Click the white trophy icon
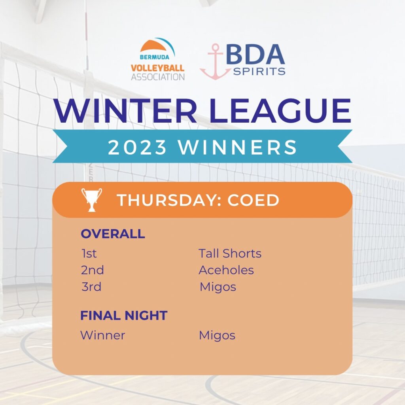[91, 200]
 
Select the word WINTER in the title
[125, 111]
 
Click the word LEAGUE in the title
[280, 111]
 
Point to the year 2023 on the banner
[137, 147]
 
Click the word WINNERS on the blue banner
[238, 147]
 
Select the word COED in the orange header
[254, 200]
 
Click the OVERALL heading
[113, 234]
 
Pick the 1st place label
[89, 254]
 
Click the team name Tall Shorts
[230, 254]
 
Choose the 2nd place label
[92, 270]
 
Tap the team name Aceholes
[226, 270]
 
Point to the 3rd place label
[91, 287]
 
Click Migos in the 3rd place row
[218, 287]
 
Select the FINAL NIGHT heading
[124, 315]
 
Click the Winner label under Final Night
[103, 335]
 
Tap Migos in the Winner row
[217, 336]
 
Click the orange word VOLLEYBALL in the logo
[157, 68]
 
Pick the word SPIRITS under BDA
[259, 71]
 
